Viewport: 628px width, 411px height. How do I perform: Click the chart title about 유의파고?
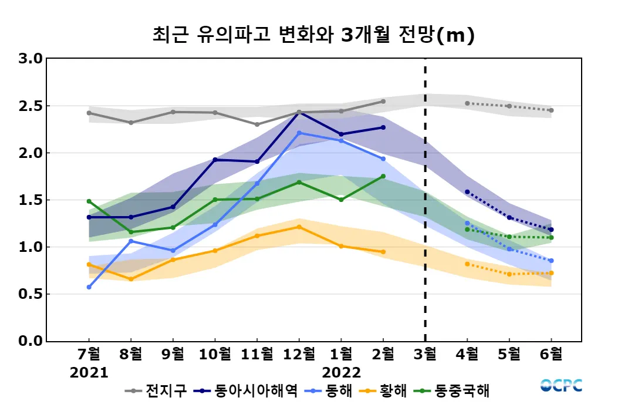[x=313, y=35]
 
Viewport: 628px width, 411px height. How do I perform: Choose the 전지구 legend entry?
[x=158, y=390]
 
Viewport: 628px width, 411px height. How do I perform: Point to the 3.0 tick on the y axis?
[x=31, y=59]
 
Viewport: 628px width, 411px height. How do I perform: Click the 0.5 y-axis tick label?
[x=31, y=294]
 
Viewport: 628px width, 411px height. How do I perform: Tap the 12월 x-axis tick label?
[x=299, y=354]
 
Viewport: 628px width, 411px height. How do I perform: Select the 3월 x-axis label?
[x=425, y=354]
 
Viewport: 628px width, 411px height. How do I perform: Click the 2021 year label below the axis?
[x=89, y=373]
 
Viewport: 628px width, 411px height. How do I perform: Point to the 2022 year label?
[x=341, y=373]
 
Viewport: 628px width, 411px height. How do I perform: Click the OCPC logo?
[x=562, y=386]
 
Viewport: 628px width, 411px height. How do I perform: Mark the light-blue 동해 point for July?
[x=89, y=287]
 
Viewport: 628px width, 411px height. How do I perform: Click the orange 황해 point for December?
[x=299, y=227]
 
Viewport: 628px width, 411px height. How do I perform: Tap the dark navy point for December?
[x=299, y=113]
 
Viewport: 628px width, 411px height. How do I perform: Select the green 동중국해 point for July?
[x=89, y=201]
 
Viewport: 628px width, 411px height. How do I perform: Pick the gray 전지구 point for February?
[x=383, y=102]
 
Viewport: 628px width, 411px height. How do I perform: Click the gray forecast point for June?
[x=551, y=110]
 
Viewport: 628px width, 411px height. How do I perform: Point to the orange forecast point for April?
[x=467, y=264]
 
